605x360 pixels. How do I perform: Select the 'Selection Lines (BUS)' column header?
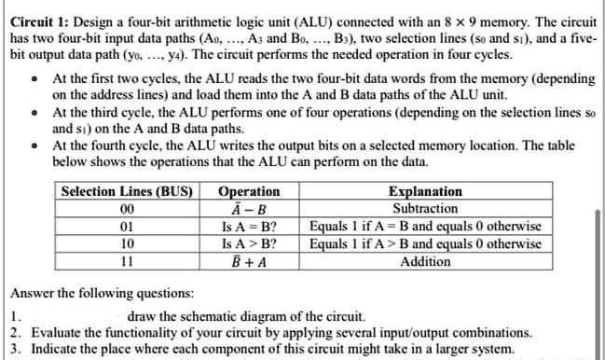[x=126, y=192]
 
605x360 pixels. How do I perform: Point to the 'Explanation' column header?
[x=425, y=192]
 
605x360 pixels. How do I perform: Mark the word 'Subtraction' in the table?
[x=425, y=209]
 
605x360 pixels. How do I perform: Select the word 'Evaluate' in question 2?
[x=57, y=331]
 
